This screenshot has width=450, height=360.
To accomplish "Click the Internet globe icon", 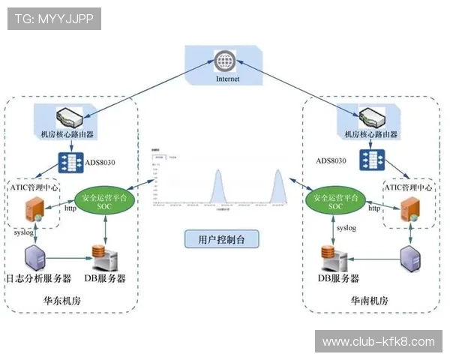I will [x=223, y=60].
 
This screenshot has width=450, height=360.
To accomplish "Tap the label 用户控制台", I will [x=222, y=239].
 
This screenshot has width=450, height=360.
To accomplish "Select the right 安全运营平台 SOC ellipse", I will [x=335, y=200].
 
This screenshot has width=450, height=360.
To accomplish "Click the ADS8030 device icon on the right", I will [x=370, y=160].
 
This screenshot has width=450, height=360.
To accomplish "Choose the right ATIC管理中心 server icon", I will [x=409, y=210].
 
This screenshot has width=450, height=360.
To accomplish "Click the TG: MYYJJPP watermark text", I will [x=53, y=19].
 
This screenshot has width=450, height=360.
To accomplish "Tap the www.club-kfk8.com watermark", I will [x=377, y=342].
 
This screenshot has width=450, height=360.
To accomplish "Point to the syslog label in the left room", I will [x=25, y=233].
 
